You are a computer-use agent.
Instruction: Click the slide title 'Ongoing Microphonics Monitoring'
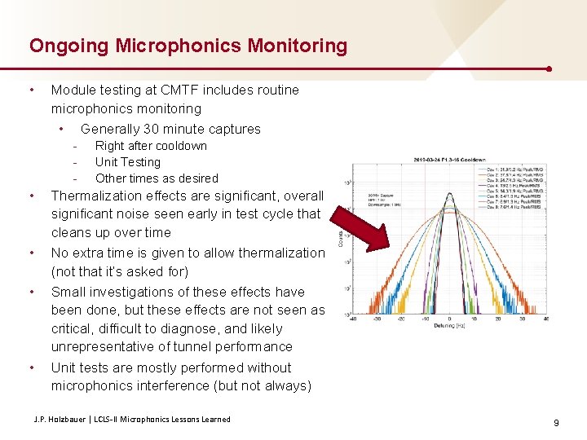coord(188,46)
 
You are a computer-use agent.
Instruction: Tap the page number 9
coord(555,423)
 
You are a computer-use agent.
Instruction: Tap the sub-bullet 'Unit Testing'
coord(127,162)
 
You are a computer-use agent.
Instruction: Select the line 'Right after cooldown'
coord(151,146)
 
